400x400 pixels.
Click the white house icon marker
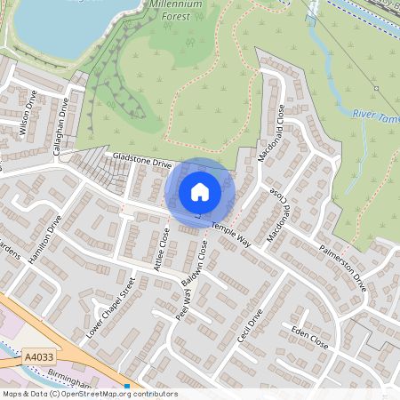coord(200,191)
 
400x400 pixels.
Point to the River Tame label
coord(375,116)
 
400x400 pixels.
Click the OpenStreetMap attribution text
coord(89,394)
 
